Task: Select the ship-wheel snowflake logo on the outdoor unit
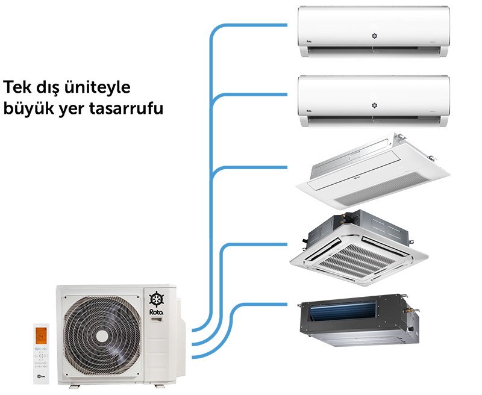coord(156,298)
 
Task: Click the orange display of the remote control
coord(42,335)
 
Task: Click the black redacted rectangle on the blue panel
coord(104,99)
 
